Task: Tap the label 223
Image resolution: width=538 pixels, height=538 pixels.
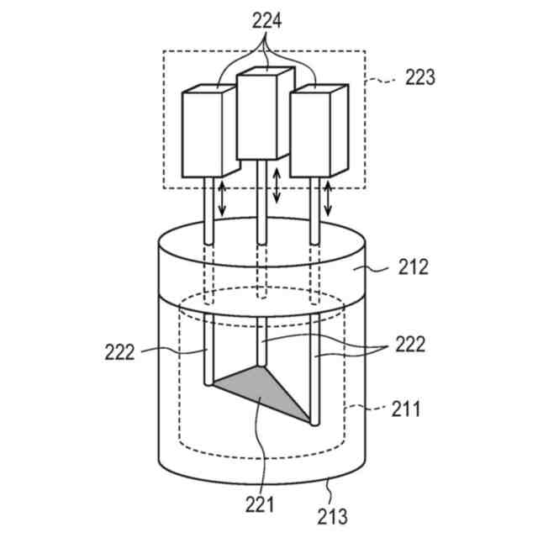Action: coord(419,77)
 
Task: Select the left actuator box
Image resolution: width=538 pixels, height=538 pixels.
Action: coord(204,134)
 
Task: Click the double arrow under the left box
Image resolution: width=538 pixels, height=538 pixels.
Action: coord(222,198)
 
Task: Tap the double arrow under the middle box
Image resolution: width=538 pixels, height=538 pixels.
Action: coord(277,187)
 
